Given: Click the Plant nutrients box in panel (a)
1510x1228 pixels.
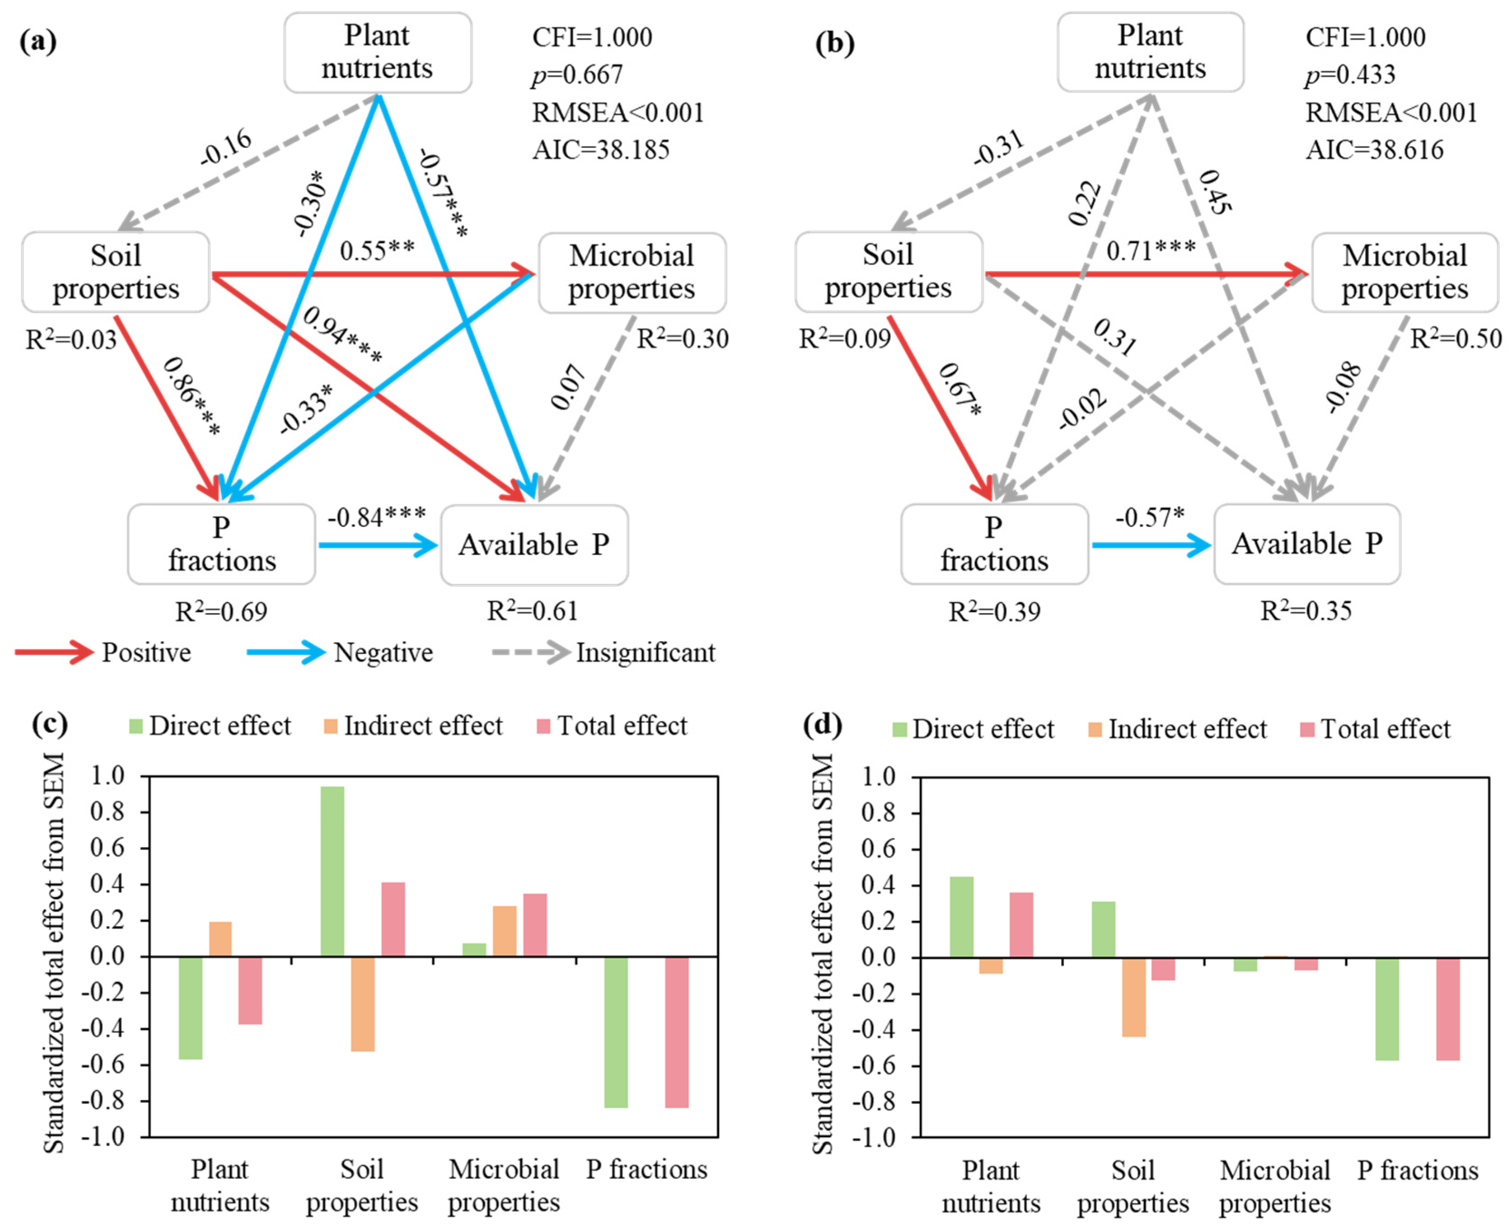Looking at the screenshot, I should [x=377, y=52].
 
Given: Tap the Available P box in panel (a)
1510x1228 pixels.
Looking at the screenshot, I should [x=534, y=545].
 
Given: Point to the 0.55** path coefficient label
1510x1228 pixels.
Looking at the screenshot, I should [x=377, y=251].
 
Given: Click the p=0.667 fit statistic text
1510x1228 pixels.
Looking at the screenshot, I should [x=577, y=74].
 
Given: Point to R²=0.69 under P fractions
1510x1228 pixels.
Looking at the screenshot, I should [x=221, y=612].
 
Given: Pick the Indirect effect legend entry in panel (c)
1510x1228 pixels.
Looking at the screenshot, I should [x=422, y=726].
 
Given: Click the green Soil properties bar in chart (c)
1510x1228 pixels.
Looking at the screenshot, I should [x=333, y=871].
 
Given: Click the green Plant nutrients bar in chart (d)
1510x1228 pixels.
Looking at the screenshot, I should [x=961, y=917].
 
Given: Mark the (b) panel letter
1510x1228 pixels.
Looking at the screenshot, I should [x=834, y=43].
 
